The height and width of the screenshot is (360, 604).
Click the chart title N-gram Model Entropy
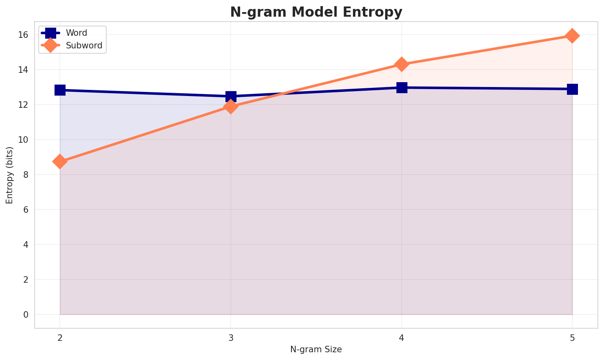316,12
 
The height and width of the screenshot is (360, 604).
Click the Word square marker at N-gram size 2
60,90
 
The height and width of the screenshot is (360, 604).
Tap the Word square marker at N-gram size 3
231,96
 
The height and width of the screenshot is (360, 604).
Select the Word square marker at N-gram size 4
402,87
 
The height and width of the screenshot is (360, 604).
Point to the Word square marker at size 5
572,89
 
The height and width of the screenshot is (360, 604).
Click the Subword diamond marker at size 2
60,161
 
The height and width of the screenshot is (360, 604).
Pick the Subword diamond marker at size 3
231,107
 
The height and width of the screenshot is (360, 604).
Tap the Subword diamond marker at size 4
402,64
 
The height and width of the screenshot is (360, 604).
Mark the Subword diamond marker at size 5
572,36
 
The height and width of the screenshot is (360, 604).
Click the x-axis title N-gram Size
316,349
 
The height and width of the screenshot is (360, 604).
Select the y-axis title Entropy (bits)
9,175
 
